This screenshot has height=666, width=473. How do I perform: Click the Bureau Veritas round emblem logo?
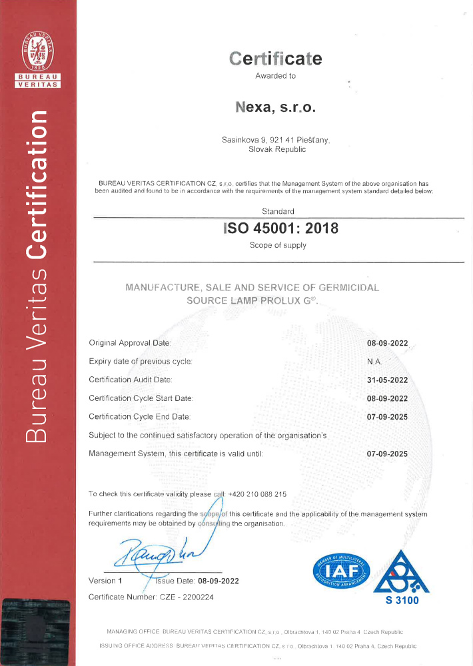(38, 53)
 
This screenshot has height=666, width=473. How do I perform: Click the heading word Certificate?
(275, 59)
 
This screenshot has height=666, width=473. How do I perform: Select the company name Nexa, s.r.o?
(275, 106)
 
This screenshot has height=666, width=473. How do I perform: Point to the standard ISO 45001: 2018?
(280, 228)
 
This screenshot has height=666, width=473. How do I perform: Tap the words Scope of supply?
(278, 245)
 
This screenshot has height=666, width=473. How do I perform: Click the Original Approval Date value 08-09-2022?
(387, 343)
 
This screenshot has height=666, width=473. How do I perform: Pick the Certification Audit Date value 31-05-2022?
(387, 380)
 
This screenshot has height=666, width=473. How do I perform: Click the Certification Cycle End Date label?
(139, 416)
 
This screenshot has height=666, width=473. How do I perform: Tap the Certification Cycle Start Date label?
(141, 398)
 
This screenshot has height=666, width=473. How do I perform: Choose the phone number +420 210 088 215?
(257, 494)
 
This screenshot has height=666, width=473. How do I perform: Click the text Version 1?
(105, 581)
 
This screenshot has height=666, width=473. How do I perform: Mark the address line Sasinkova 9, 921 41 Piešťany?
(275, 140)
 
